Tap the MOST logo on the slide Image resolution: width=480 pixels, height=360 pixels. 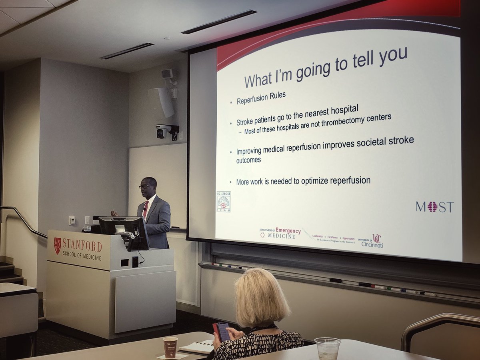[x=434, y=207]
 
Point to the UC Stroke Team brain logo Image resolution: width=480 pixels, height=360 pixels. [x=223, y=202]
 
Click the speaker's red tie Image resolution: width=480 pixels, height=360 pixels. [x=146, y=209]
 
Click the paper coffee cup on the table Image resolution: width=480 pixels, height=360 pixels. [x=170, y=346]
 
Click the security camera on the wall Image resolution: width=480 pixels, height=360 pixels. [x=164, y=131]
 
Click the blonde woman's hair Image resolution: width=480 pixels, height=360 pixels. [x=262, y=296]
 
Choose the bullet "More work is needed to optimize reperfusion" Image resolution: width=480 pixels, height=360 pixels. [x=303, y=181]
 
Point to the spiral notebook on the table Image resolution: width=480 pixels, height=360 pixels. [x=198, y=346]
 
